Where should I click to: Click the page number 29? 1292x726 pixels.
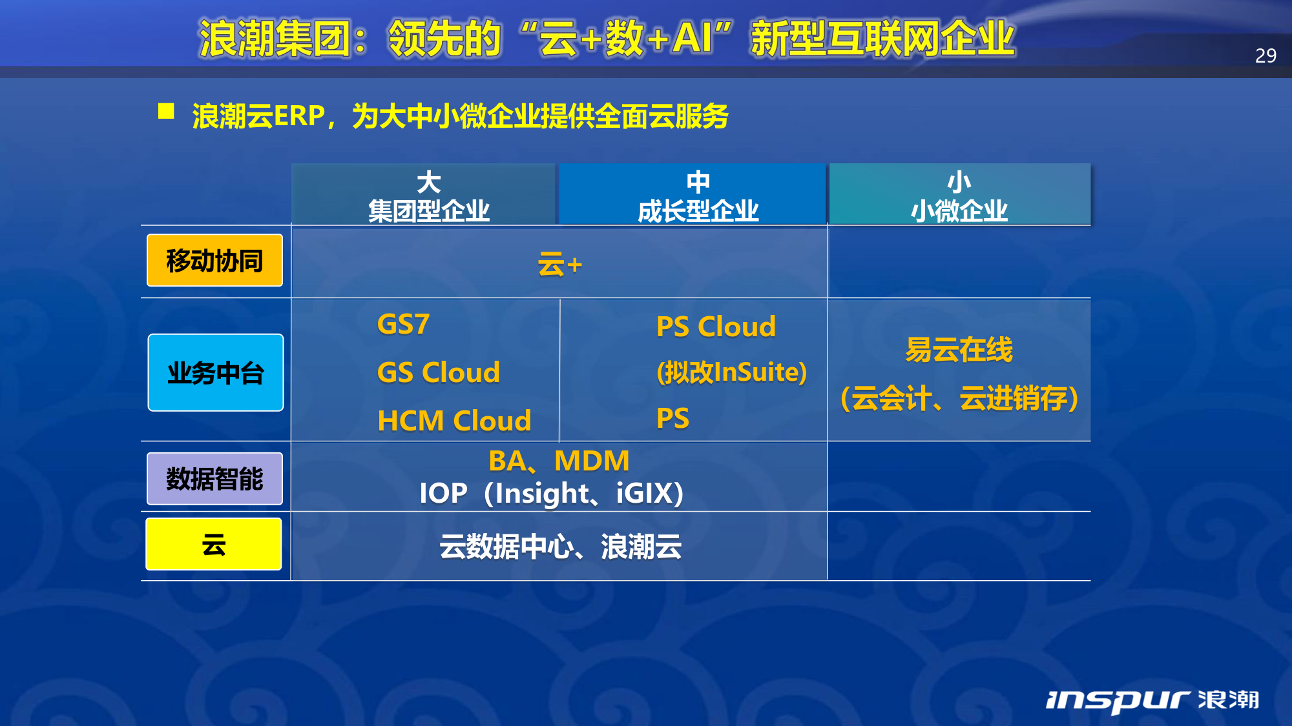pyautogui.click(x=1266, y=55)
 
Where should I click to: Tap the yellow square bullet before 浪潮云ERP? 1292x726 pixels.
pyautogui.click(x=166, y=111)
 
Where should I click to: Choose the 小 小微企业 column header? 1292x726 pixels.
pyautogui.click(x=960, y=194)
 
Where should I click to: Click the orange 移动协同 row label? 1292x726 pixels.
pyautogui.click(x=214, y=260)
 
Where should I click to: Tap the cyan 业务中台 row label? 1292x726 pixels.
pyautogui.click(x=216, y=372)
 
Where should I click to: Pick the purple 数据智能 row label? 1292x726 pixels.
pyautogui.click(x=214, y=478)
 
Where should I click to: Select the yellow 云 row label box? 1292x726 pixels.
pyautogui.click(x=214, y=544)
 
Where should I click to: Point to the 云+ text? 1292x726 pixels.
pyautogui.click(x=560, y=265)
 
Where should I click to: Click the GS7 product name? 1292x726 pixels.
pyautogui.click(x=403, y=324)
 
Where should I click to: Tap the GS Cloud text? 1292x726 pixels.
pyautogui.click(x=439, y=372)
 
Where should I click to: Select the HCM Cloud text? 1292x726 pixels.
pyautogui.click(x=454, y=421)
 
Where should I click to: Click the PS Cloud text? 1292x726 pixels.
pyautogui.click(x=716, y=327)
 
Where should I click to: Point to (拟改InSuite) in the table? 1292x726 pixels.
pyautogui.click(x=732, y=372)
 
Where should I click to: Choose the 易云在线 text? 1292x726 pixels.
pyautogui.click(x=959, y=350)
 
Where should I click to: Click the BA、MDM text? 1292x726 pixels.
pyautogui.click(x=559, y=461)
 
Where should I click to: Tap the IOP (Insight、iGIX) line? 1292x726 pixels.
pyautogui.click(x=552, y=493)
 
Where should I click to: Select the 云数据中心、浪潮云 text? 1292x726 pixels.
pyautogui.click(x=560, y=547)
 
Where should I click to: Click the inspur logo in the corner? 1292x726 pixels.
pyautogui.click(x=1152, y=700)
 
